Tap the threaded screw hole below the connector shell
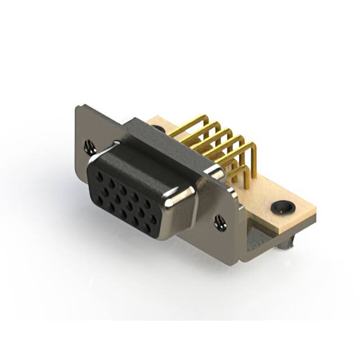(x=220, y=223)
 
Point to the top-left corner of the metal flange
(x=79, y=107)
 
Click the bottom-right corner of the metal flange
(x=239, y=260)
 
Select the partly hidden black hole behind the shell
(x=160, y=129)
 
